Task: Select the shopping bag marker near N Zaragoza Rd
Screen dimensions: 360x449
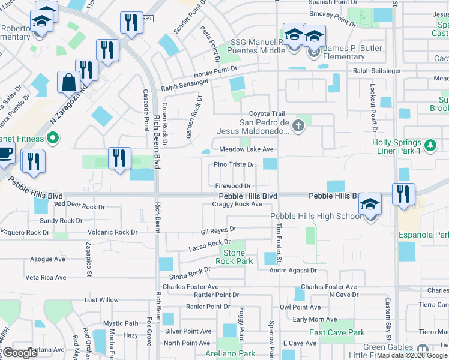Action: pos(68,82)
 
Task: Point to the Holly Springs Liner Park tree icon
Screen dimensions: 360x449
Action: pos(430,145)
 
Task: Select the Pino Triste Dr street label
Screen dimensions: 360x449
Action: pos(235,164)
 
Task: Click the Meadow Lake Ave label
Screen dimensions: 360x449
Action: pos(246,149)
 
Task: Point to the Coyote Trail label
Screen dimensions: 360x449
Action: pos(267,114)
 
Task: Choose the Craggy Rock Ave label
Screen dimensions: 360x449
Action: pos(237,204)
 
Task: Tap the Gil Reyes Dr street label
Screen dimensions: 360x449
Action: pos(218,229)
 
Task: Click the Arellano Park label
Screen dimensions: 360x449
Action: pos(230,354)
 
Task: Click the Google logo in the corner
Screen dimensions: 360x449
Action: pos(20,353)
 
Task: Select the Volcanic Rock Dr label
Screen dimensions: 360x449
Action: pos(112,232)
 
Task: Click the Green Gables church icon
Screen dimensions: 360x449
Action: pos(422,349)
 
